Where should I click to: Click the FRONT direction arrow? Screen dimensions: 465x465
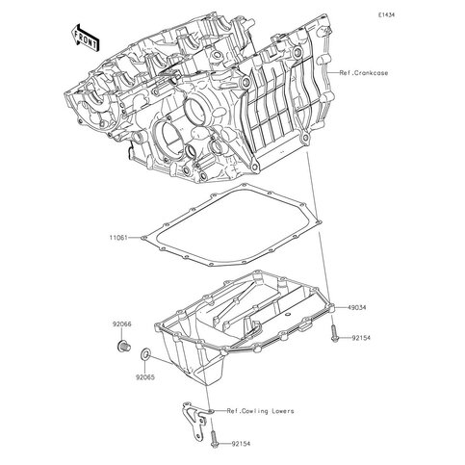(x=85, y=38)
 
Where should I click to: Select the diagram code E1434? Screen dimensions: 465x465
(x=386, y=15)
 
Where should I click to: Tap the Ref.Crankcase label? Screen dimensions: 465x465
(x=364, y=73)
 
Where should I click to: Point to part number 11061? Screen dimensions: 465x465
(x=118, y=238)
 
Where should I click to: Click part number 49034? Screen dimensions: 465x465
(x=357, y=307)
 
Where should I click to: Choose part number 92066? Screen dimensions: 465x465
(x=121, y=324)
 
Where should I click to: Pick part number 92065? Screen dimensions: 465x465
(x=145, y=377)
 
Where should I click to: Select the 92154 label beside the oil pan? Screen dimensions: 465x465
(x=361, y=338)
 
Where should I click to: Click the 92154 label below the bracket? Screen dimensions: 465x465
(x=241, y=444)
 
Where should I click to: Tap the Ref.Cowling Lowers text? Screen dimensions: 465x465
(x=260, y=411)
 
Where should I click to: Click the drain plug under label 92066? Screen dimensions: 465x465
(x=123, y=346)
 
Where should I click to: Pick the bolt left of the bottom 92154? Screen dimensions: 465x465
(x=215, y=440)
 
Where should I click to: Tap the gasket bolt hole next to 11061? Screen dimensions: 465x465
(x=143, y=238)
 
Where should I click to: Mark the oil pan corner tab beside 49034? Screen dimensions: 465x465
(x=332, y=307)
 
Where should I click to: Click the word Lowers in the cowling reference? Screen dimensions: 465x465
(x=283, y=411)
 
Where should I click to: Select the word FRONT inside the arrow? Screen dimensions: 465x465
(x=86, y=39)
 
